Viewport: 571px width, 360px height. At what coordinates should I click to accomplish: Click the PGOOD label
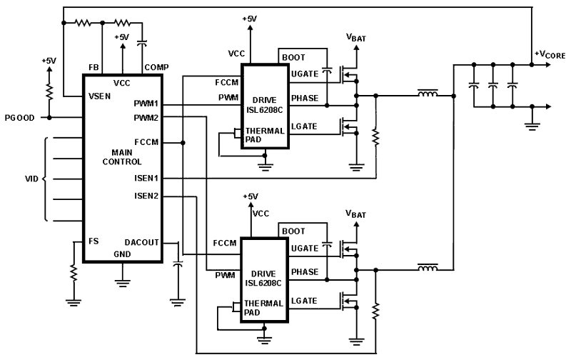tap(20, 118)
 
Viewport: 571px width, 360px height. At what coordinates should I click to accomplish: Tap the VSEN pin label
tap(99, 96)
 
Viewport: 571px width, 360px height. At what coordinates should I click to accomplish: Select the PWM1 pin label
tap(146, 104)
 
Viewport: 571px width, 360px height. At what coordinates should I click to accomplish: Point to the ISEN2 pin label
tap(146, 196)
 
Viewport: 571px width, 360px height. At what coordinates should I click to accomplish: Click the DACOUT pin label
tap(141, 242)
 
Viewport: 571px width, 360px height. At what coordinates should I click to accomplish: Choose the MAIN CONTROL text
tap(121, 157)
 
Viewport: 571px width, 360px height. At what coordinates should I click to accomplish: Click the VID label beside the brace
tap(31, 179)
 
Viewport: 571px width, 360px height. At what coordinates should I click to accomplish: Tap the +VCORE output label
tap(550, 55)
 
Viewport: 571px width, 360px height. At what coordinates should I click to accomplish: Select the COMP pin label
tap(156, 67)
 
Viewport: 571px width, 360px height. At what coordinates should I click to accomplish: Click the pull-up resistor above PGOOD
tap(49, 91)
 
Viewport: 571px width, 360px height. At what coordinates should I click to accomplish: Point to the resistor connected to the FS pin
tap(74, 272)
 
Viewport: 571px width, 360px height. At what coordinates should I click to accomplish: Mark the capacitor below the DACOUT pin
tap(178, 264)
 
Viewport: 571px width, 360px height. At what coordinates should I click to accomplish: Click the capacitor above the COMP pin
tap(141, 43)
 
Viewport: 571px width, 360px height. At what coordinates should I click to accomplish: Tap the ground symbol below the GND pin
tap(122, 283)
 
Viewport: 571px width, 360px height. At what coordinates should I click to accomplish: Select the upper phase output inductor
tap(428, 94)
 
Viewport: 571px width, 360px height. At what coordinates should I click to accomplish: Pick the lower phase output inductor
tap(428, 268)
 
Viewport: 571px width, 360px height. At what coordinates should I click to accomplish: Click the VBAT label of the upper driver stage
tap(355, 37)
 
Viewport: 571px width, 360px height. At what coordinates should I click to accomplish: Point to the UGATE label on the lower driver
tap(305, 249)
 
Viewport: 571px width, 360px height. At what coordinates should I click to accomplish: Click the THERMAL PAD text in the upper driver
tap(265, 135)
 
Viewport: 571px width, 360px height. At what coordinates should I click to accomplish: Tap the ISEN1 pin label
tap(146, 178)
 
